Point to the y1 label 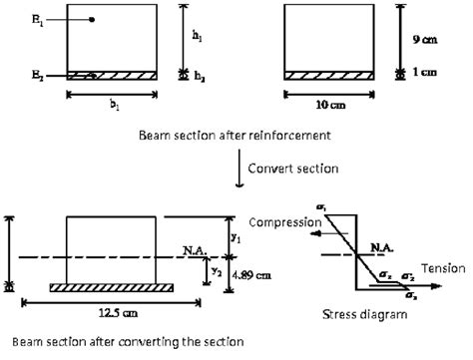pos(236,238)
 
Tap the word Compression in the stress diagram pos(285,221)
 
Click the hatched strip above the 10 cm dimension pos(330,75)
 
